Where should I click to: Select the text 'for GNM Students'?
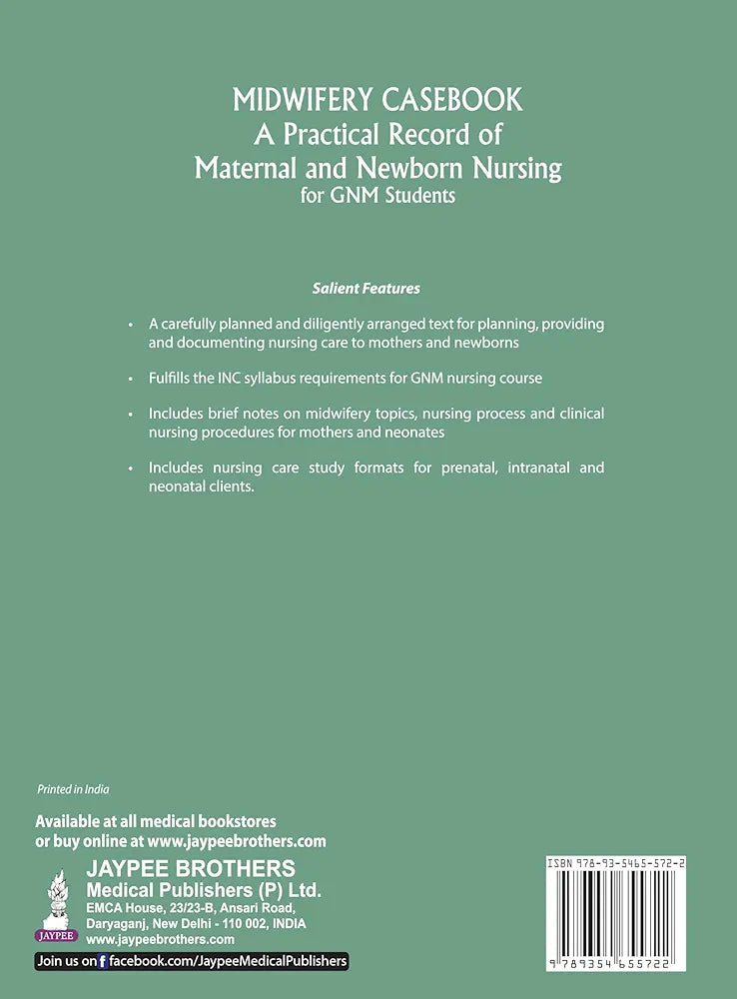(377, 195)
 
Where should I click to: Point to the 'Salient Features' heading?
(367, 289)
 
